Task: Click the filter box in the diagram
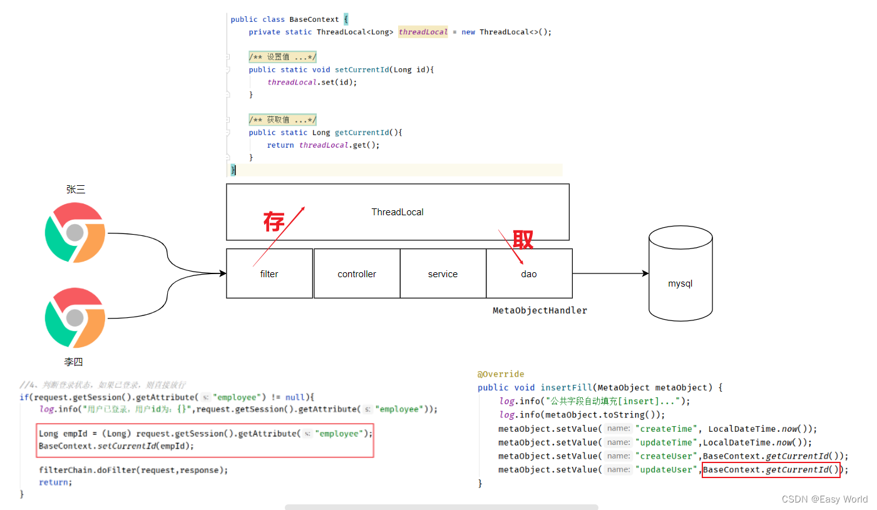(269, 273)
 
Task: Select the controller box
(357, 273)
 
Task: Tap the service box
(443, 273)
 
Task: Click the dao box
(529, 273)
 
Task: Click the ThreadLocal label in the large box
(397, 212)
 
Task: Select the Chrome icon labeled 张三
(75, 233)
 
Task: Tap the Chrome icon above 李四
(75, 318)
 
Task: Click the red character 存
(274, 222)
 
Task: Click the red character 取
(523, 240)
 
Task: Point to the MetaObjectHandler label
(540, 310)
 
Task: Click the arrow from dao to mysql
(610, 273)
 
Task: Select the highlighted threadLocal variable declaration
(423, 32)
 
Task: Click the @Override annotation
(501, 374)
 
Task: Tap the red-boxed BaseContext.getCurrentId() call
(771, 469)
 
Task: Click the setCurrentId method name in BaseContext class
(362, 69)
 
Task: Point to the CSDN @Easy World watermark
(824, 499)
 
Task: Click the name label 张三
(76, 189)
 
